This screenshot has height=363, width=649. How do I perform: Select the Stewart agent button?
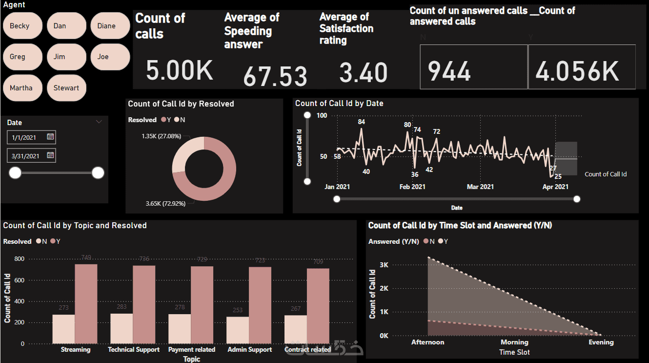[66, 88]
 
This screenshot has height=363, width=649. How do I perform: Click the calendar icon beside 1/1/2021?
[50, 137]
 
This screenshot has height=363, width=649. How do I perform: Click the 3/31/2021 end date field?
[26, 156]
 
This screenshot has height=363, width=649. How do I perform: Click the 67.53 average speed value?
[275, 76]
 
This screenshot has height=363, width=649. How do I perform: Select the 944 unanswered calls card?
[473, 67]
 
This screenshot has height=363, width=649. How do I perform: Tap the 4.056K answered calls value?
[577, 71]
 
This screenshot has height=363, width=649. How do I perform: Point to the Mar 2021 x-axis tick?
[480, 187]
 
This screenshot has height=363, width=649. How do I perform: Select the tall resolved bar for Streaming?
[86, 304]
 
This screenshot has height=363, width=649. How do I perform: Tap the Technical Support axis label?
[134, 350]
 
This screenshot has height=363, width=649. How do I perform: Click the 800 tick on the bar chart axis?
[20, 259]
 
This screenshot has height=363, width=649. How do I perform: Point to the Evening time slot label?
[601, 342]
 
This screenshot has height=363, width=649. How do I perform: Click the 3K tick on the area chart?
[385, 265]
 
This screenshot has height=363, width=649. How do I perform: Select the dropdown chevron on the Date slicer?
[99, 122]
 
